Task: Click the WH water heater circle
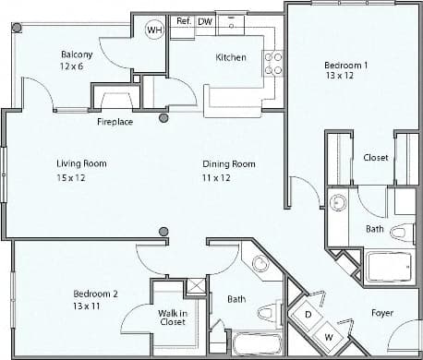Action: [154, 30]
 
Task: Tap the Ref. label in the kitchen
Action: [183, 19]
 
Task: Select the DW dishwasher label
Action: [205, 19]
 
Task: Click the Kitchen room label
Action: [230, 57]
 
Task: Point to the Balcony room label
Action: [77, 54]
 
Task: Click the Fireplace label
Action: [115, 121]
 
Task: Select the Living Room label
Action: [82, 163]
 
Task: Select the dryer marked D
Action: [308, 314]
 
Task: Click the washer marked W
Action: [328, 335]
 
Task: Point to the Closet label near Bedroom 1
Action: [375, 158]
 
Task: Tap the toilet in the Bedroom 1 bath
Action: [402, 231]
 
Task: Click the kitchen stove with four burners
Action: [273, 63]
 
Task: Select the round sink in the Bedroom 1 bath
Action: [338, 201]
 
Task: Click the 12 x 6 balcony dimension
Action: [72, 67]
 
